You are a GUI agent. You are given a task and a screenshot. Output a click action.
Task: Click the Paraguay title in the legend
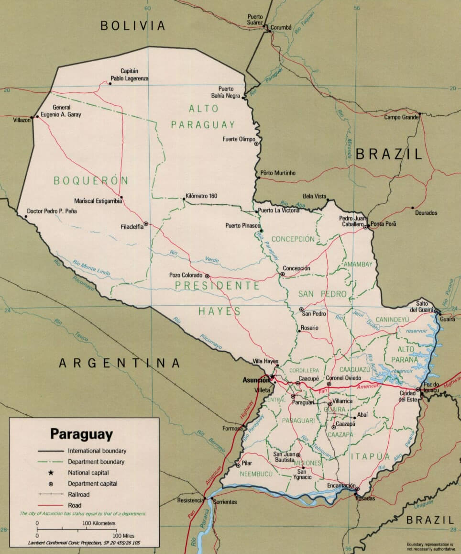82,434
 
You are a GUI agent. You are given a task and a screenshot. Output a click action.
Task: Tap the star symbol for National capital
50,473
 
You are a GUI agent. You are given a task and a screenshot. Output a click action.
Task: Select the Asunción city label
256,380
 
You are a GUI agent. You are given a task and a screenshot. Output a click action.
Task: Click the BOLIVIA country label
132,26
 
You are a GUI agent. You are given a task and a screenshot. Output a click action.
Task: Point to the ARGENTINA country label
120,364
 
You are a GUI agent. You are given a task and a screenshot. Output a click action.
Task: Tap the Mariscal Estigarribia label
98,201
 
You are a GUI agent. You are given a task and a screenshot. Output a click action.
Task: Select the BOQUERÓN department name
91,181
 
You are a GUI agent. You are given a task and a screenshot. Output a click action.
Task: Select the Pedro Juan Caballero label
352,221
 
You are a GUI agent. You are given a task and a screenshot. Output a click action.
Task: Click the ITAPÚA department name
370,456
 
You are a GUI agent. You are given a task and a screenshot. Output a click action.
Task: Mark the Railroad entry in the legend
78,494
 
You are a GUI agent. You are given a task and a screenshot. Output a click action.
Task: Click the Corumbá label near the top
281,28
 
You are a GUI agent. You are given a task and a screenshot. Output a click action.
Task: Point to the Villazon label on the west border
22,121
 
